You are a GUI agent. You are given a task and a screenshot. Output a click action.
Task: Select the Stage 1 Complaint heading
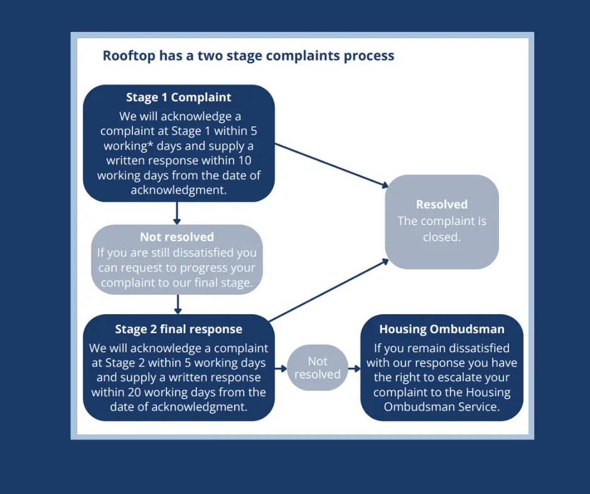(179, 97)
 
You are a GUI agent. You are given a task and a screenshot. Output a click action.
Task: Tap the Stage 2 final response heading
(179, 329)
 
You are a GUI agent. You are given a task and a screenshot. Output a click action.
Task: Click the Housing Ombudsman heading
(442, 329)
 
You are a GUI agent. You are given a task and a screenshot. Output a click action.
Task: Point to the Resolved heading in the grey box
(442, 204)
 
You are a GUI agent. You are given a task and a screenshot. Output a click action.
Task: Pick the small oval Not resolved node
(318, 368)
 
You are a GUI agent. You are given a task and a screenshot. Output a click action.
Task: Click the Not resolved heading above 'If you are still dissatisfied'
(177, 237)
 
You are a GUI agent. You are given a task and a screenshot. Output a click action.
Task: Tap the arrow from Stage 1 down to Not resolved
(177, 213)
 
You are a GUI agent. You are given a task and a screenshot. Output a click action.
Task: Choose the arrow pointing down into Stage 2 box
(178, 303)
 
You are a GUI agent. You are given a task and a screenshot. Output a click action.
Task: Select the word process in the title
(369, 56)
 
